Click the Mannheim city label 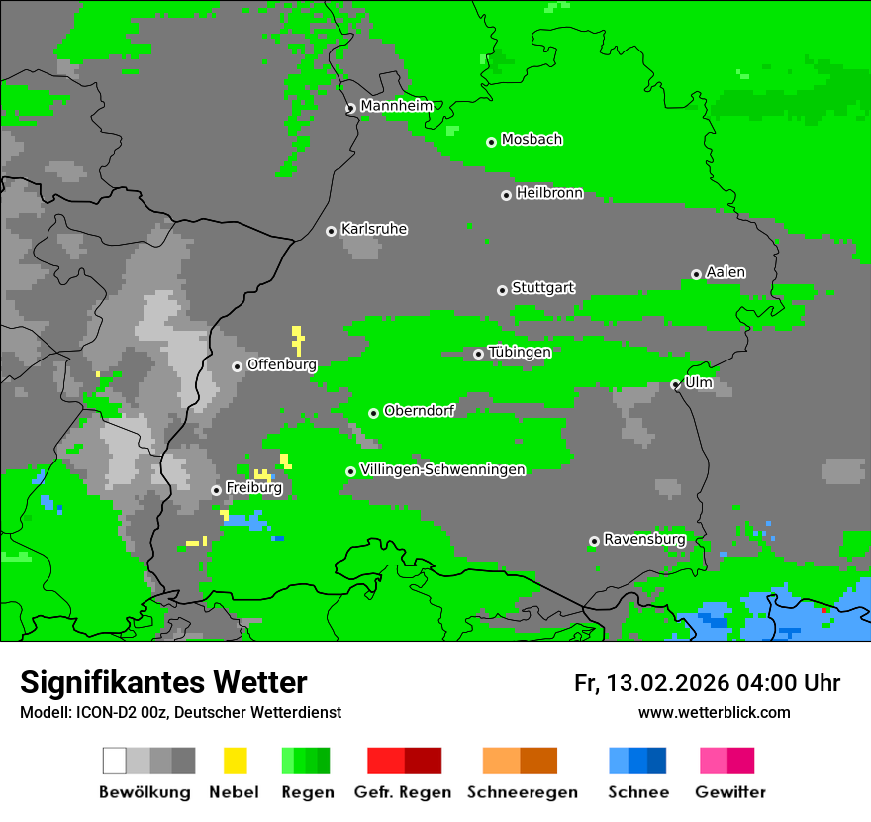[x=396, y=106]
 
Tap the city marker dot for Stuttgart [x=502, y=290]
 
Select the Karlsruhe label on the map [x=374, y=229]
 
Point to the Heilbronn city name [x=549, y=193]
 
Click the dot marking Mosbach [x=491, y=142]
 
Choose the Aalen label [x=726, y=272]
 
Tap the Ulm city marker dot [x=675, y=385]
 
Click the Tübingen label [x=520, y=352]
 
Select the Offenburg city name [x=281, y=364]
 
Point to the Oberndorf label [x=419, y=411]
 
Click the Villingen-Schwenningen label [x=442, y=469]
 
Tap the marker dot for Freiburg [x=216, y=490]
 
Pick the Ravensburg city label [x=644, y=539]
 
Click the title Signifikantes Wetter [x=163, y=682]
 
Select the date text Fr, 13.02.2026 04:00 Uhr [x=707, y=683]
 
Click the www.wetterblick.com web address [x=714, y=712]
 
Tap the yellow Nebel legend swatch [x=235, y=761]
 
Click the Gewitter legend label [x=729, y=792]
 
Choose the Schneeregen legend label [x=522, y=792]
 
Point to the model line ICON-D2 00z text [x=180, y=712]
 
